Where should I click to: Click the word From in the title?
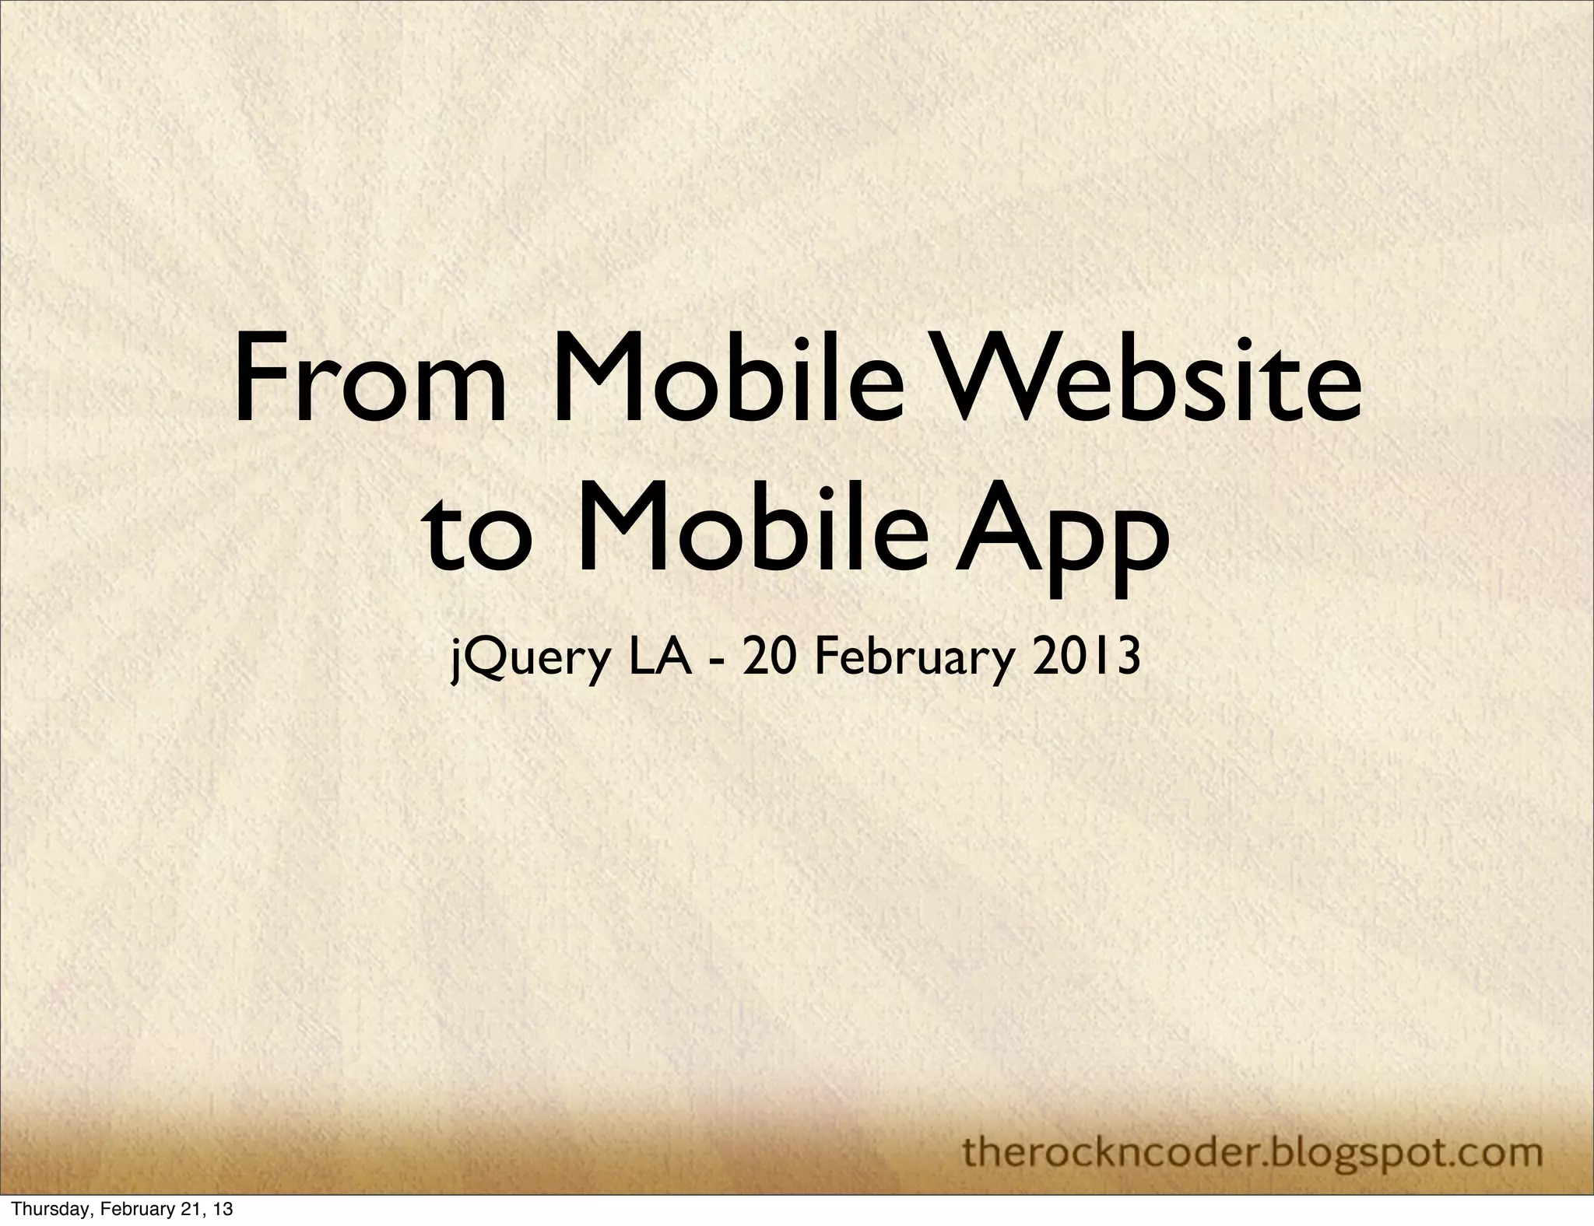370,387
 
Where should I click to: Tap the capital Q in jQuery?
482,658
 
